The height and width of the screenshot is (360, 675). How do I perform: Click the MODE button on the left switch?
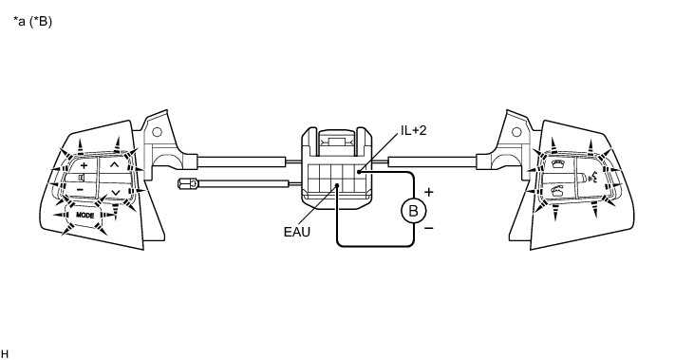point(84,215)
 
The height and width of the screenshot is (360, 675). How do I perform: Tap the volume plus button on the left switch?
point(84,165)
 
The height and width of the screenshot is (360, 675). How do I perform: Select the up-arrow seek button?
point(114,164)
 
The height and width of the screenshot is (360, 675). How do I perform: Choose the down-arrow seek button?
point(115,192)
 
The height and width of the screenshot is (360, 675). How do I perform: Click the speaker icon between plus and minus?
point(82,177)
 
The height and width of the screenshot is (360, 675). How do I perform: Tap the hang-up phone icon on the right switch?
point(558,164)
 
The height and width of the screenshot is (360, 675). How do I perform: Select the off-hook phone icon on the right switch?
point(557,190)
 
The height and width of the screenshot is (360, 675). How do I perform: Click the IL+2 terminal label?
point(414,131)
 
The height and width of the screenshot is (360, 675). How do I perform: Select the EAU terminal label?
point(296,232)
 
